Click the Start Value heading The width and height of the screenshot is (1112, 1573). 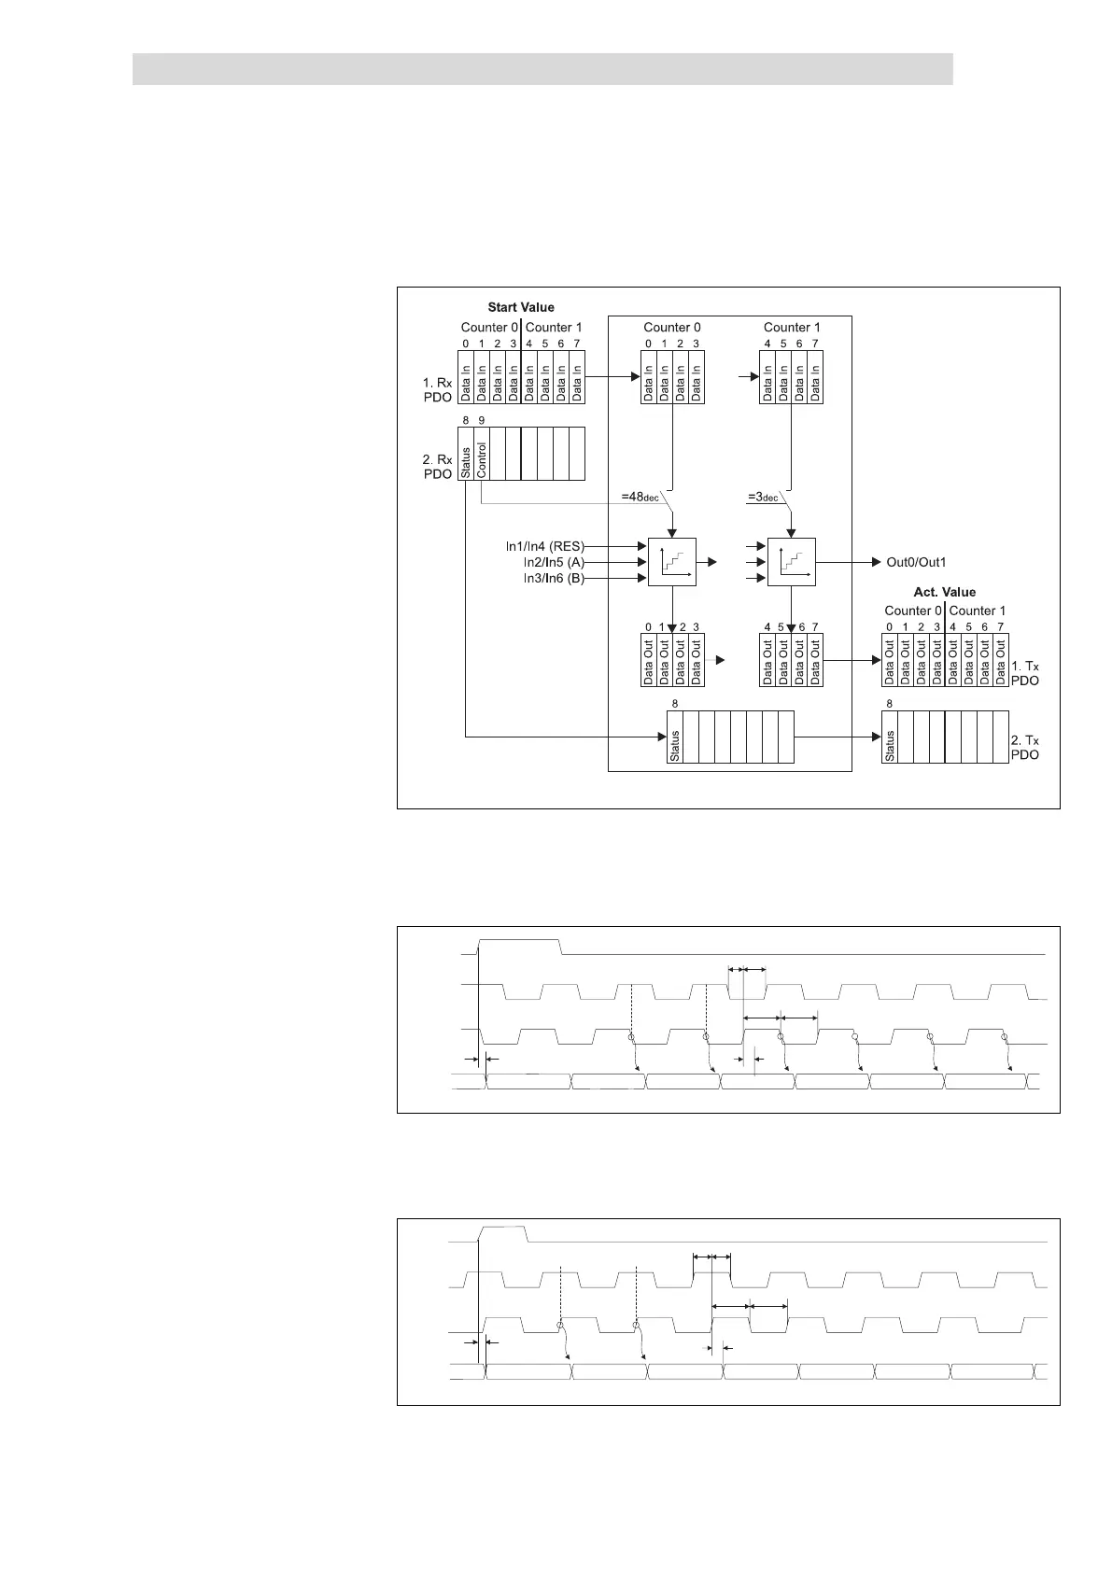pyautogui.click(x=521, y=307)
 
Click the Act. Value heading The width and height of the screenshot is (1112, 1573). pyautogui.click(x=944, y=592)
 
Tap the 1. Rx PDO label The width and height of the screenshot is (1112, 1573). pyautogui.click(x=438, y=390)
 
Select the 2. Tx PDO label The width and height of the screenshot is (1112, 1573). pyautogui.click(x=1025, y=748)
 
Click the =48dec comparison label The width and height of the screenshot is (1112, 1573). pyautogui.click(x=640, y=497)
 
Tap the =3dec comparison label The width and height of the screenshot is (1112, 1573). pyautogui.click(x=763, y=497)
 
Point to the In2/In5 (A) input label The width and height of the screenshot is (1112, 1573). pyautogui.click(x=554, y=562)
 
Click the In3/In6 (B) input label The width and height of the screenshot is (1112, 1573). pyautogui.click(x=554, y=579)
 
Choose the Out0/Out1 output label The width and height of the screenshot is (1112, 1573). pyautogui.click(x=916, y=562)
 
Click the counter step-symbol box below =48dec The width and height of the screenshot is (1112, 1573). pyautogui.click(x=672, y=562)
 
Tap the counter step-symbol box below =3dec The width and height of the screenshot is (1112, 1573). pyautogui.click(x=792, y=562)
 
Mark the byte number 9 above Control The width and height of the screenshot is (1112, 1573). pyautogui.click(x=482, y=421)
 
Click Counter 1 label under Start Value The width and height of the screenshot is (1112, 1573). pyautogui.click(x=554, y=327)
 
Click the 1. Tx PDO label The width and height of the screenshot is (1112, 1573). pyautogui.click(x=1025, y=674)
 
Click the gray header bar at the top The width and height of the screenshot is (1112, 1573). pyautogui.click(x=542, y=69)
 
